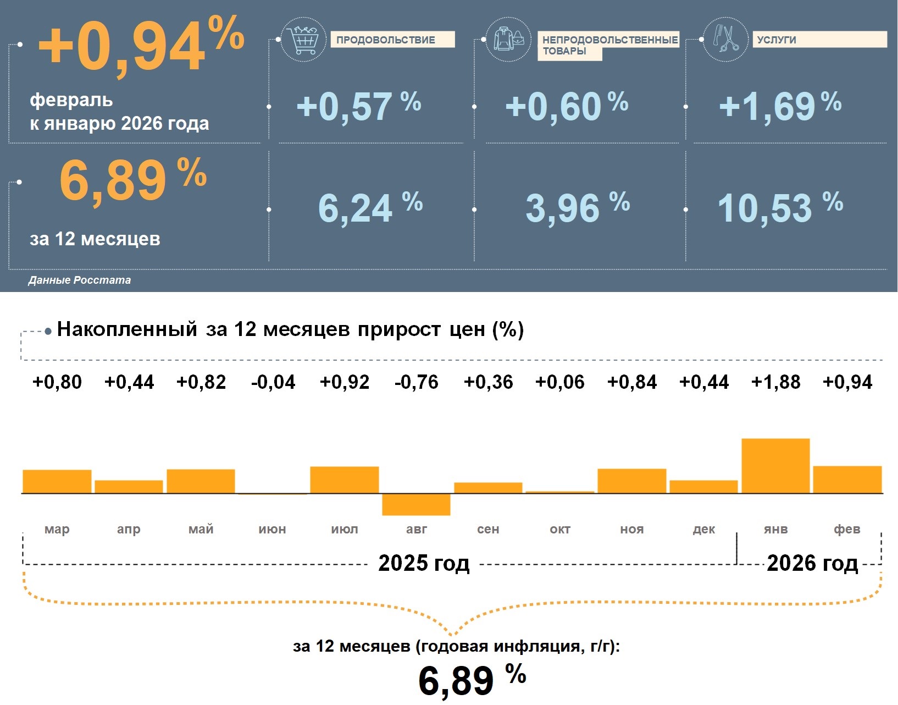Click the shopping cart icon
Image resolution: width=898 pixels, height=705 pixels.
pyautogui.click(x=303, y=40)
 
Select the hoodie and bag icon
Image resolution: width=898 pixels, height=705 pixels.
pyautogui.click(x=508, y=39)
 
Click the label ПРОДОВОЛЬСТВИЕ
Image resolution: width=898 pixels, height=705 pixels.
pyautogui.click(x=386, y=40)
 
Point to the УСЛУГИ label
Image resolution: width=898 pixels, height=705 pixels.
pyautogui.click(x=776, y=40)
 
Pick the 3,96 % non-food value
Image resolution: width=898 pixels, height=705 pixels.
pyautogui.click(x=577, y=208)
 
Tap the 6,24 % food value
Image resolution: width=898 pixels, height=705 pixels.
pyautogui.click(x=370, y=208)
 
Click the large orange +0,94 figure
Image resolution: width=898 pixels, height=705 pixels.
pyautogui.click(x=140, y=47)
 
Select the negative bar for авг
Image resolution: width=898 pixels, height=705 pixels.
pyautogui.click(x=416, y=504)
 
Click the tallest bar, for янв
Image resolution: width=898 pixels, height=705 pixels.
pyautogui.click(x=775, y=466)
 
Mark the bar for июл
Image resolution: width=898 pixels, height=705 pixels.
pyautogui.click(x=345, y=480)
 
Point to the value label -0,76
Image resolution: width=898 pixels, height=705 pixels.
pyautogui.click(x=416, y=382)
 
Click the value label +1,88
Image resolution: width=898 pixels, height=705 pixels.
pyautogui.click(x=775, y=382)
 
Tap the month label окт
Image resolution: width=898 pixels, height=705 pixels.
pyautogui.click(x=560, y=530)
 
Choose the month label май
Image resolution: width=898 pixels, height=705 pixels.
pyautogui.click(x=201, y=530)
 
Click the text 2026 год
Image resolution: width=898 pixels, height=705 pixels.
pyautogui.click(x=812, y=564)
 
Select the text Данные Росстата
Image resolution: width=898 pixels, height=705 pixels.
pyautogui.click(x=80, y=280)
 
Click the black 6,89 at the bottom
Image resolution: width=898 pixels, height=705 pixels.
pyautogui.click(x=456, y=681)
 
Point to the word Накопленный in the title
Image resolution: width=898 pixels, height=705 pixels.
pyautogui.click(x=127, y=329)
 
